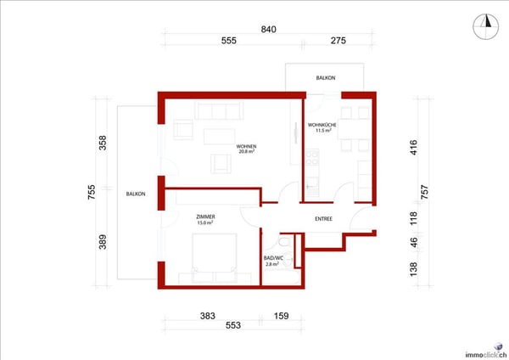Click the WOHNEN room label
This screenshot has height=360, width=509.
(x=247, y=146)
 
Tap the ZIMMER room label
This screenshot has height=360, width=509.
(x=205, y=217)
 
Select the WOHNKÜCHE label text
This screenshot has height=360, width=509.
(x=322, y=126)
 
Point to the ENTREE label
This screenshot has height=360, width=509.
(x=323, y=219)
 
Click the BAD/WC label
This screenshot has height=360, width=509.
(x=272, y=258)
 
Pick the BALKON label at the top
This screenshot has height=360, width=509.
(x=326, y=78)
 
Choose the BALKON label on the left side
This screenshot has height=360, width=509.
(x=136, y=194)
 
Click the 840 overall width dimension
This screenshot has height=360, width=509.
(x=268, y=30)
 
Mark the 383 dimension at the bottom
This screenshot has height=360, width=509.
(x=206, y=316)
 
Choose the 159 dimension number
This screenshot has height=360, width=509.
(x=281, y=316)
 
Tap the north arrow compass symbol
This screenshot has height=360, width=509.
(x=487, y=23)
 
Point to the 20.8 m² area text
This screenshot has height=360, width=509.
(x=247, y=152)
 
